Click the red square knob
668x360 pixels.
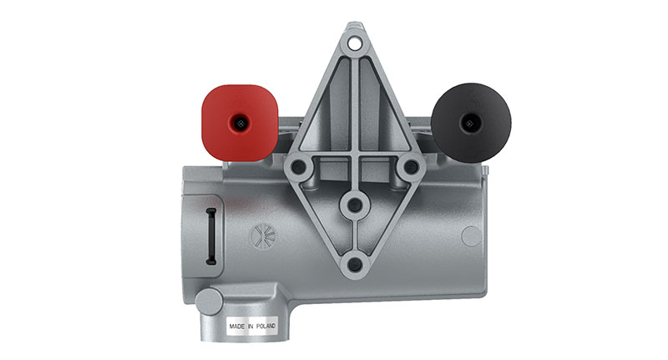pos(240,123)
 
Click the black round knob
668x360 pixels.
pos(471,123)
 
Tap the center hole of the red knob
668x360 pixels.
pos(240,124)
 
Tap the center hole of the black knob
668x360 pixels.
pos(470,124)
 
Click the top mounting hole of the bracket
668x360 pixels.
pos(353,43)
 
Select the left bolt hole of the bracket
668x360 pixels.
pos(298,166)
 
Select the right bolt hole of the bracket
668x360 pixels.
pos(411,166)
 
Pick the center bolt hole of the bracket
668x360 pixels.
pos(354,205)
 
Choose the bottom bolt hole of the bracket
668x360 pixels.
pos(354,265)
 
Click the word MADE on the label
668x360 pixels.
pos(237,327)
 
